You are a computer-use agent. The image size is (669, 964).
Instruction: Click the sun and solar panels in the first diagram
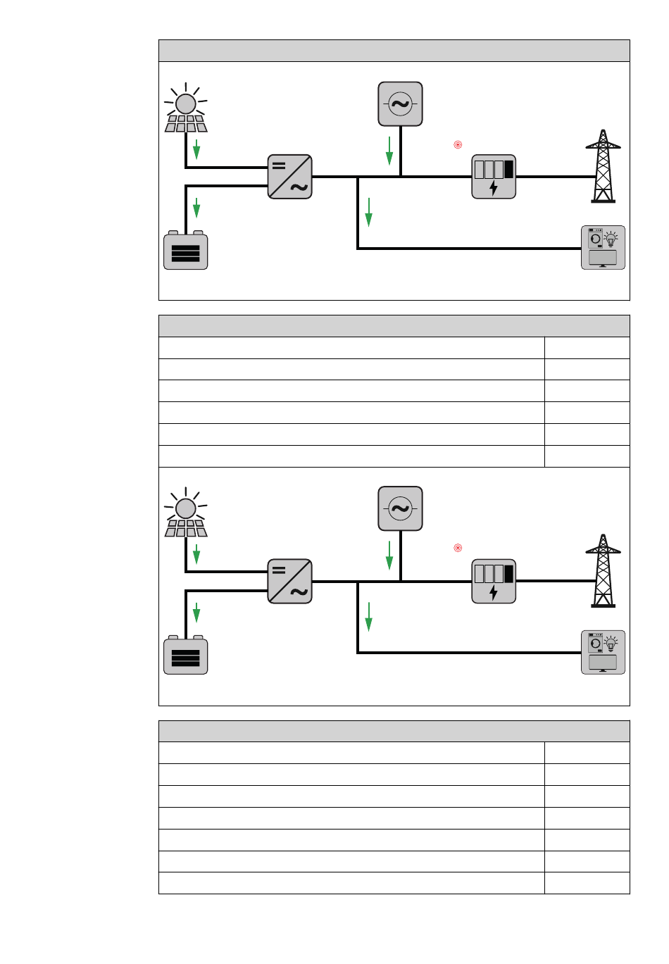pos(186,109)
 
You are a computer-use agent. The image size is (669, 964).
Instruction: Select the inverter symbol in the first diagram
pos(289,177)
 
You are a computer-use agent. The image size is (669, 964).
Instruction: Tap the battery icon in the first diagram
pos(185,251)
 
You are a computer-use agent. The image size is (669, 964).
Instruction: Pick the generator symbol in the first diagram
pos(400,104)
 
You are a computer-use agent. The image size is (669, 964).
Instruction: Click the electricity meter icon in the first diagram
pos(494,177)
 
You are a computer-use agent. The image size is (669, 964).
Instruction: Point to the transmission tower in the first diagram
pos(603,167)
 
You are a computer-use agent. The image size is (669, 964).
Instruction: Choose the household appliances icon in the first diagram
pos(603,248)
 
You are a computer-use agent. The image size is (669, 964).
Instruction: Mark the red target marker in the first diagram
pos(458,145)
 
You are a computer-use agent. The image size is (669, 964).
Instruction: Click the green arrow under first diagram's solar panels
pos(196,149)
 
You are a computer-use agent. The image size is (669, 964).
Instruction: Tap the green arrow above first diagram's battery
pos(196,208)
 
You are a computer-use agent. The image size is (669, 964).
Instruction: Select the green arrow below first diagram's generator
pos(389,151)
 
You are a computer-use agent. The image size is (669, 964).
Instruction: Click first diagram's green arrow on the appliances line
pos(368,212)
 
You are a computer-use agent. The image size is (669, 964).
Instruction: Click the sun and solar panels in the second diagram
pos(186,513)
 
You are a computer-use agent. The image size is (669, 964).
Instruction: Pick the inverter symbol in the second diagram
pos(289,582)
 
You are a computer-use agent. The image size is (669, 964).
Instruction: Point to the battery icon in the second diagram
pos(185,656)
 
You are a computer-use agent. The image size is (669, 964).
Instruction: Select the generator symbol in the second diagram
pos(400,508)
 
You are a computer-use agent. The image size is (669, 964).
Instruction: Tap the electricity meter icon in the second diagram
pos(494,582)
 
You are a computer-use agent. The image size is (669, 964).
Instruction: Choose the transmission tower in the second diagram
pos(603,571)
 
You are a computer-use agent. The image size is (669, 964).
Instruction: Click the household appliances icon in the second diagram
pos(603,653)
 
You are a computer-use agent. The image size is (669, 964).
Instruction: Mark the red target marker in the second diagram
pos(458,548)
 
